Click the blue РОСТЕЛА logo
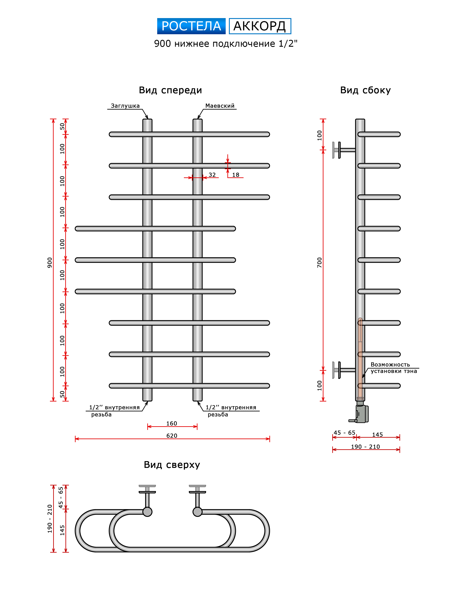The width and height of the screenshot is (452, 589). click(191, 26)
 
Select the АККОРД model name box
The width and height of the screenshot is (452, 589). click(260, 26)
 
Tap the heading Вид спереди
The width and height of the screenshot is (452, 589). click(170, 90)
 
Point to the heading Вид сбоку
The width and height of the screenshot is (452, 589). click(365, 90)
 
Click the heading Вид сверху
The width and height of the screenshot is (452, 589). click(172, 465)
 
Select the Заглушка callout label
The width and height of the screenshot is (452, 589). click(125, 106)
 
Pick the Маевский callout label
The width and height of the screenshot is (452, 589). click(220, 106)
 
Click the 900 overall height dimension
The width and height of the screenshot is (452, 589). click(50, 262)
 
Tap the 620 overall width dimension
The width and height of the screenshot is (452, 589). click(172, 436)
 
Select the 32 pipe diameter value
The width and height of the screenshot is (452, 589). click(212, 175)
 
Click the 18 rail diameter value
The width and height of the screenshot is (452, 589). click(236, 175)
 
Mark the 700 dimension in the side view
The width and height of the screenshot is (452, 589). click(319, 262)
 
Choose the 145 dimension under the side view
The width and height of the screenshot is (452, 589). click(377, 435)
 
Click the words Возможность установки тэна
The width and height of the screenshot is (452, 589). click(393, 368)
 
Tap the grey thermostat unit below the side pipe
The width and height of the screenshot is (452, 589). click(362, 414)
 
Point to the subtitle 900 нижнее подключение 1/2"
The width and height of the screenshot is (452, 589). click(225, 43)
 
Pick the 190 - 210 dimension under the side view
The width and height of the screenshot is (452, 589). click(365, 447)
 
